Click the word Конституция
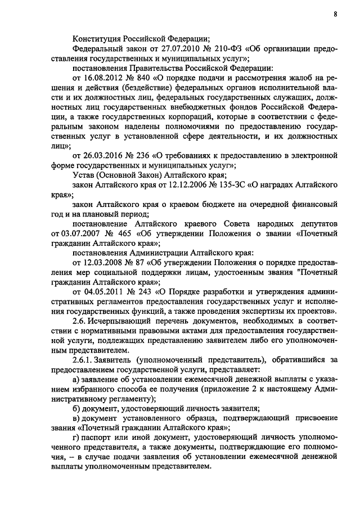click(x=98, y=39)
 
